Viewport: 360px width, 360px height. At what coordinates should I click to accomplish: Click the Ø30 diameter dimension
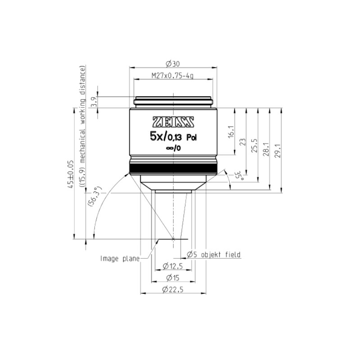click(173, 65)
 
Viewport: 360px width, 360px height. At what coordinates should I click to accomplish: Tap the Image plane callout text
click(119, 258)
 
